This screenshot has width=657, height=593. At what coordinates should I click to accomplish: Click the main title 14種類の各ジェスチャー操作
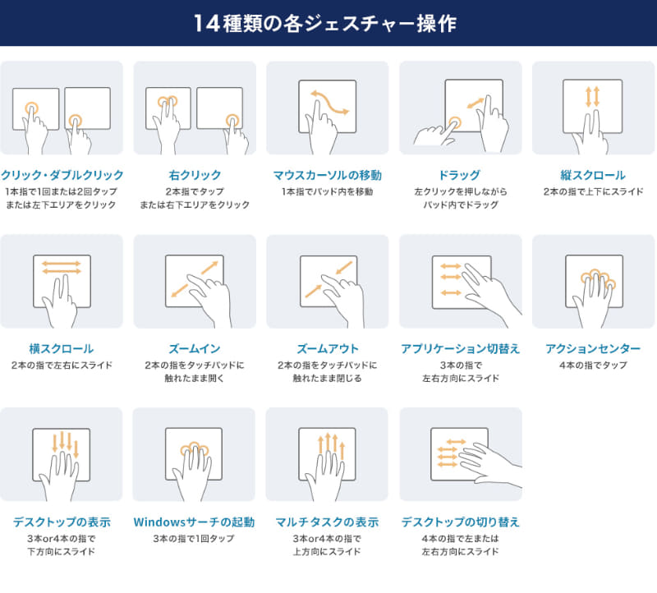point(328,23)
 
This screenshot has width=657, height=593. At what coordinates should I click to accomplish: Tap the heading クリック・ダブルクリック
point(62,175)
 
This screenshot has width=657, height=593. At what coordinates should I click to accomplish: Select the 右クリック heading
point(195,175)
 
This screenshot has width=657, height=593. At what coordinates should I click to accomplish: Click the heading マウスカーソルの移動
point(328,175)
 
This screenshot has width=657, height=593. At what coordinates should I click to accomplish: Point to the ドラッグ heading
point(461,175)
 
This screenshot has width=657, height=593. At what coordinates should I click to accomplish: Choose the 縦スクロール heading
point(594,175)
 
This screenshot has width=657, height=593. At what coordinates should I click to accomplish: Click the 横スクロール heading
point(62,348)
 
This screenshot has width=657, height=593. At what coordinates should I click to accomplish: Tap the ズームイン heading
point(195,348)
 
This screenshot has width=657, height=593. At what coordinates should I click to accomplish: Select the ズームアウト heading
point(328,348)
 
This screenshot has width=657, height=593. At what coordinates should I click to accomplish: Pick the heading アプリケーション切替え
point(461,348)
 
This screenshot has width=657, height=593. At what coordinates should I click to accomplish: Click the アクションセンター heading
point(594,348)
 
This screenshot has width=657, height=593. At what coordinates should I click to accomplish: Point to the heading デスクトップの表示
point(62,522)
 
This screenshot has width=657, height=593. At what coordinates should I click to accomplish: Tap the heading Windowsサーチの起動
point(195,522)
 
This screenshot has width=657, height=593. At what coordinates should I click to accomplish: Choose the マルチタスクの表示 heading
point(328,522)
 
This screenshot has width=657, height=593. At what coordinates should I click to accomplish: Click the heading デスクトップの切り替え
point(461,522)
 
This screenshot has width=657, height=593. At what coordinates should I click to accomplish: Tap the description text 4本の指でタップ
point(594,365)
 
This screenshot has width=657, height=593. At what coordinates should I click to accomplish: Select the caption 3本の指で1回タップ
point(195,538)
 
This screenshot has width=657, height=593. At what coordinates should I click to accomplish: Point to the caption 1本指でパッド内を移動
point(328,191)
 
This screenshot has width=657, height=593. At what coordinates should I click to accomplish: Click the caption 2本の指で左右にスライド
point(62,365)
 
